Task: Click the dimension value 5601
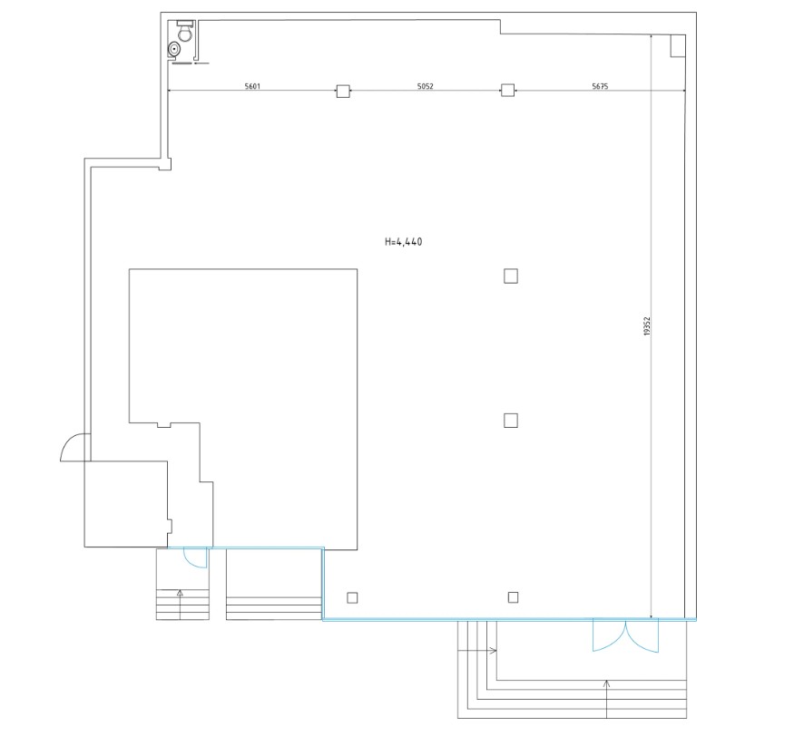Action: (x=252, y=86)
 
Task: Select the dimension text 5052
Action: (x=425, y=86)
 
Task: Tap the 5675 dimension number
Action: (x=600, y=86)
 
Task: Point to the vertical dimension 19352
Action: (x=647, y=326)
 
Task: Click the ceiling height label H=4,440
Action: (x=404, y=242)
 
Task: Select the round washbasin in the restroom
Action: (x=175, y=49)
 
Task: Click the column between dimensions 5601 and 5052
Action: (x=343, y=92)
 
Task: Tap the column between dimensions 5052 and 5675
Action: (x=507, y=91)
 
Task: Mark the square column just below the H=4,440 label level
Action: (x=511, y=276)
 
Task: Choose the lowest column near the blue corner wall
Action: (x=352, y=597)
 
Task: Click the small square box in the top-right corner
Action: (x=678, y=46)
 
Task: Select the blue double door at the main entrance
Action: (x=625, y=635)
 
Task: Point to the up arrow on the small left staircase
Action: (x=180, y=605)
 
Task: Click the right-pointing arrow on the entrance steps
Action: (x=476, y=651)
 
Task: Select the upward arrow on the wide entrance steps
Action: (x=606, y=699)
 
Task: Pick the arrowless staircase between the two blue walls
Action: (x=274, y=584)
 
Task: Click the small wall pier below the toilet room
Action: (x=165, y=164)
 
